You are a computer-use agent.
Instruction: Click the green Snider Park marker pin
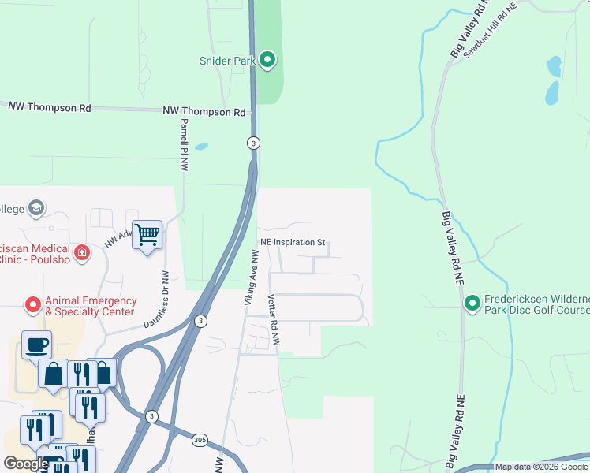(267, 60)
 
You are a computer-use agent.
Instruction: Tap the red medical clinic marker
(81, 252)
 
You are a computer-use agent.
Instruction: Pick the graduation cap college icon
(35, 208)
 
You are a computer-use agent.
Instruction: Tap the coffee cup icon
(36, 344)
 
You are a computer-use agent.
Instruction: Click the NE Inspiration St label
(293, 243)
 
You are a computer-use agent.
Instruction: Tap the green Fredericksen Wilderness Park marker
(472, 303)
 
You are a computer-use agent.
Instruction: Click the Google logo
(26, 464)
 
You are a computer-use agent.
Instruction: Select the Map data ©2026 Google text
(541, 467)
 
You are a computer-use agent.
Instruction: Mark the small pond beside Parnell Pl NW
(201, 147)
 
